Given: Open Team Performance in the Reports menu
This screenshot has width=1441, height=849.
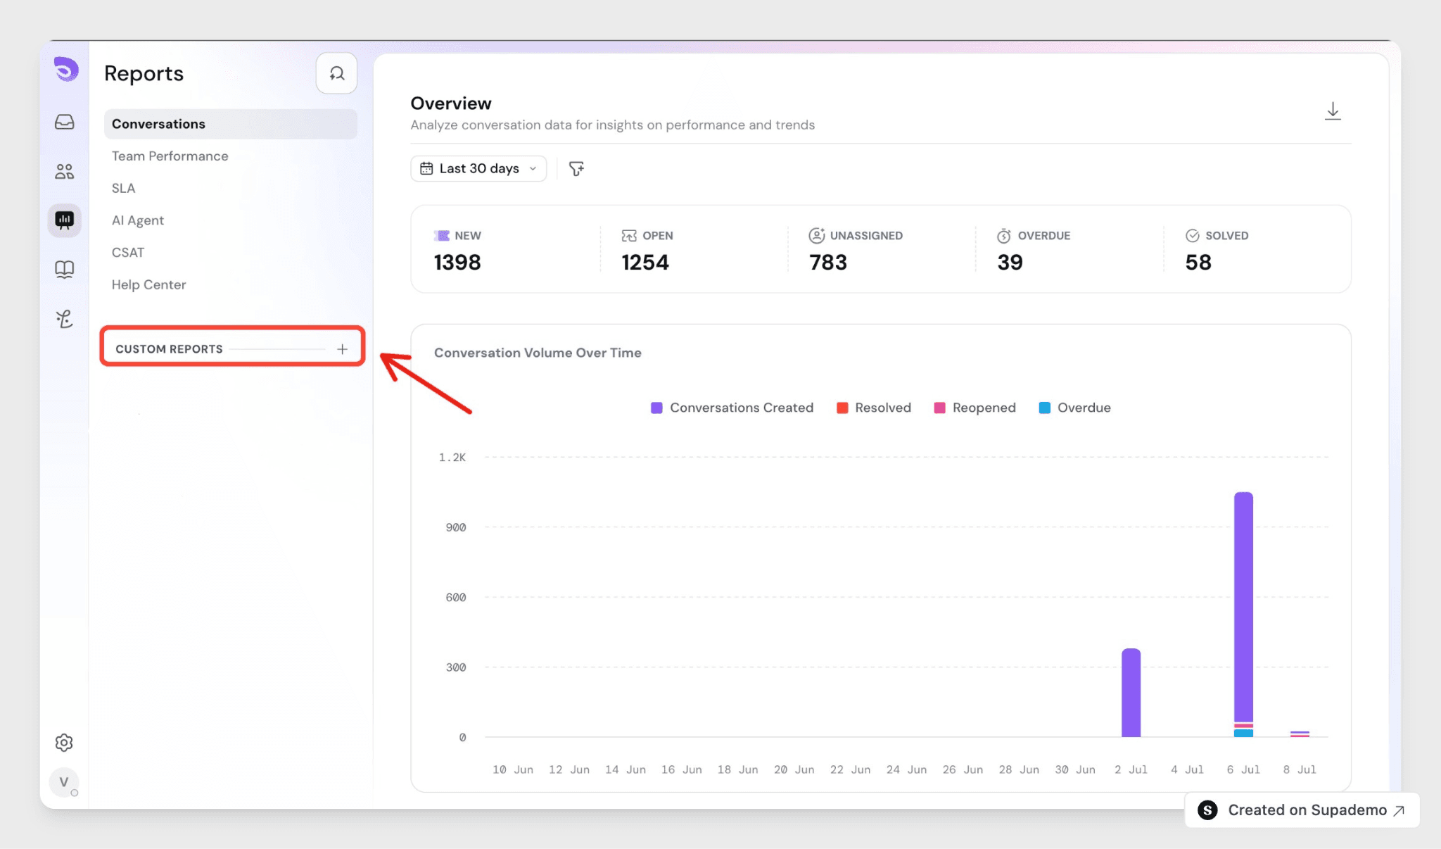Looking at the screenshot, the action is [x=170, y=156].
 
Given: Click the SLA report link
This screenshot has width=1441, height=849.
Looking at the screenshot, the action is [x=123, y=188].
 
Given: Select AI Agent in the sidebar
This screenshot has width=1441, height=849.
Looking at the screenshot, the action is [x=137, y=220].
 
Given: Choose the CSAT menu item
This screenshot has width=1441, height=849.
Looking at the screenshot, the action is [x=127, y=253].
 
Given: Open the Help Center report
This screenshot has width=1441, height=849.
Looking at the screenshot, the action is [x=148, y=284].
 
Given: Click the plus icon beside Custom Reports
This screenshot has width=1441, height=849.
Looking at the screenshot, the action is [x=342, y=349].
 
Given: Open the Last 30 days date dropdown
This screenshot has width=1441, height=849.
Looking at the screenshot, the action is [x=478, y=169].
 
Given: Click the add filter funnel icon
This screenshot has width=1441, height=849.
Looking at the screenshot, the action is [x=576, y=169].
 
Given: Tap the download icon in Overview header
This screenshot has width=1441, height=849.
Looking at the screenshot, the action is [x=1333, y=111].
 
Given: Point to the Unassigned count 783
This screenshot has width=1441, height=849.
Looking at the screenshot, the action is [x=827, y=263].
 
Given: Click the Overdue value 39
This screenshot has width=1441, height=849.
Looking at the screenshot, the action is [x=1010, y=263].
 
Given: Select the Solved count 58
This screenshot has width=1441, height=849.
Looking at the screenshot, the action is [x=1198, y=263].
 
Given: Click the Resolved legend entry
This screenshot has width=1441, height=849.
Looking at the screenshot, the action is [x=873, y=408].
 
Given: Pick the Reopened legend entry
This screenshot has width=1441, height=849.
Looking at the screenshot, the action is [x=975, y=408].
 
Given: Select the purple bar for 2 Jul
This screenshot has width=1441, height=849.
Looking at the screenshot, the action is [x=1131, y=693].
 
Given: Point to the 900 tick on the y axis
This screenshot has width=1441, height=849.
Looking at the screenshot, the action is [x=455, y=527].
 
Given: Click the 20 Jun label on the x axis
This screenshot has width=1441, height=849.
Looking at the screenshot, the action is [x=794, y=769].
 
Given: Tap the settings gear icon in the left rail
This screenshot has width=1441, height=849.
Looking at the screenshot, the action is [x=64, y=743].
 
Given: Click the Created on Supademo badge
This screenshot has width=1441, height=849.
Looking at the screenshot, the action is [x=1302, y=810].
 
